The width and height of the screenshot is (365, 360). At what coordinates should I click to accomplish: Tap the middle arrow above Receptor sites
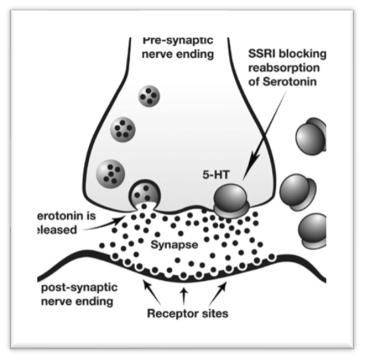[x=184, y=292]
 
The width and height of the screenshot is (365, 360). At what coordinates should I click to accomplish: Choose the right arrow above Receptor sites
[x=220, y=289]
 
